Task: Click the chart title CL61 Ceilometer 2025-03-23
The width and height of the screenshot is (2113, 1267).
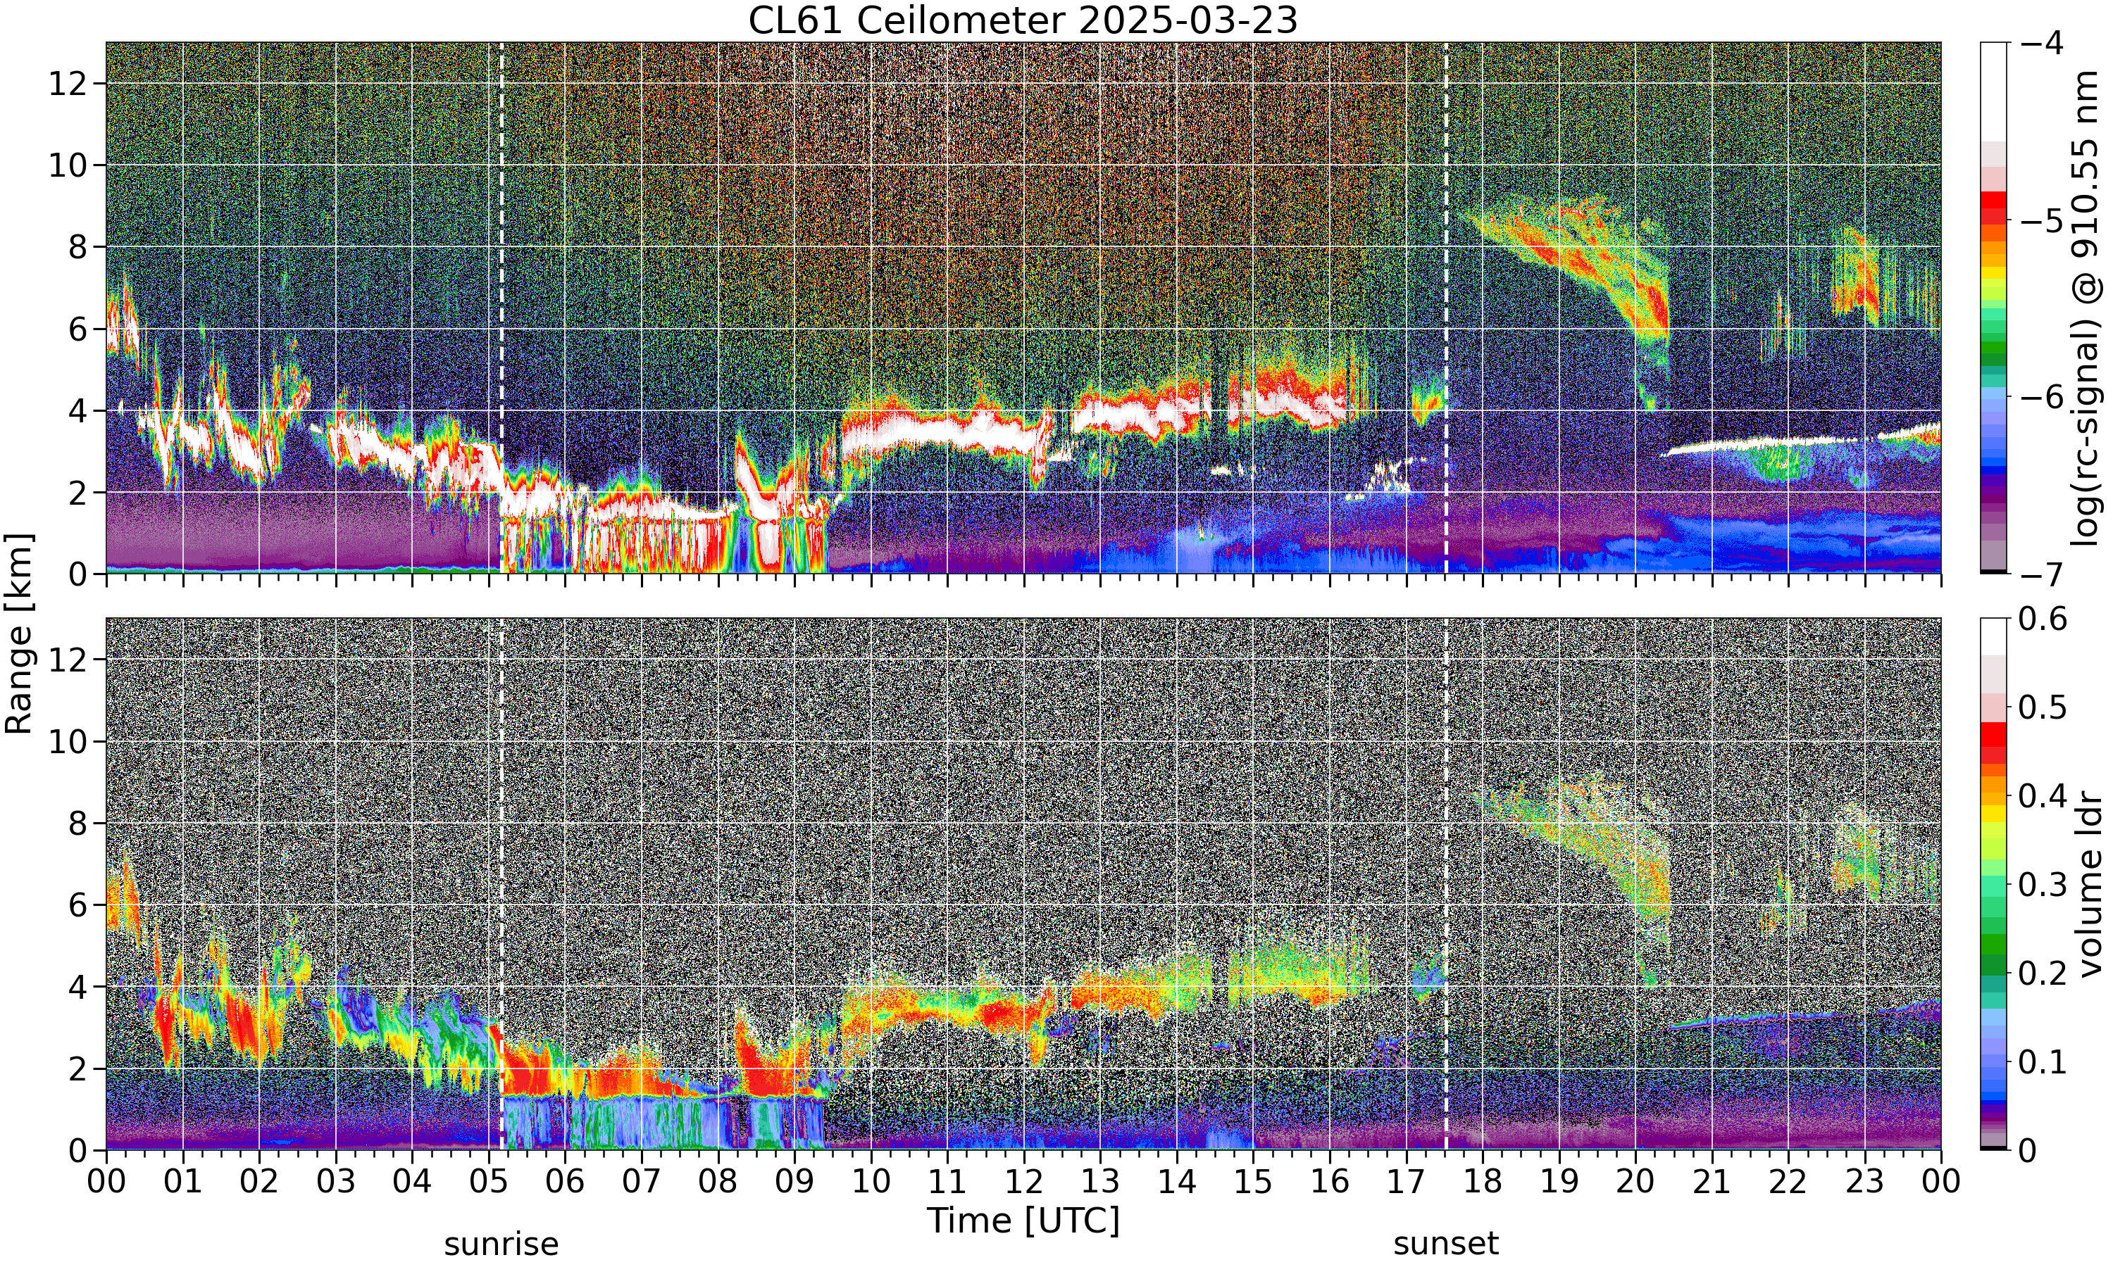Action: pyautogui.click(x=1022, y=20)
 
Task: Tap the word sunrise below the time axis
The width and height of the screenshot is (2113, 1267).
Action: pyautogui.click(x=501, y=1244)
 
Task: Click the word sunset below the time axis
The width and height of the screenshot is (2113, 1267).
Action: pyautogui.click(x=1446, y=1244)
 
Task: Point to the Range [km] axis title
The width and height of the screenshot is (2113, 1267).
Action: pyautogui.click(x=19, y=633)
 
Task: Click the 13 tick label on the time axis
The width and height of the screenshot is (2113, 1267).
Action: pyautogui.click(x=1100, y=1182)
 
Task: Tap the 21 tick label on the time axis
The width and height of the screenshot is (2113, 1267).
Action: pyautogui.click(x=1712, y=1182)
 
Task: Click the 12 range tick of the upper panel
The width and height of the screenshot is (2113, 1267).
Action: pyautogui.click(x=68, y=84)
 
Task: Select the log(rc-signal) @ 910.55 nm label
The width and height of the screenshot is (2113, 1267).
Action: pyautogui.click(x=2085, y=308)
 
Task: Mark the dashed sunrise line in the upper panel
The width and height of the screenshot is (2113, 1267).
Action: pyautogui.click(x=501, y=308)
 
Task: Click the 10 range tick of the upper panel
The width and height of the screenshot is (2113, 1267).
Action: pyautogui.click(x=68, y=165)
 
